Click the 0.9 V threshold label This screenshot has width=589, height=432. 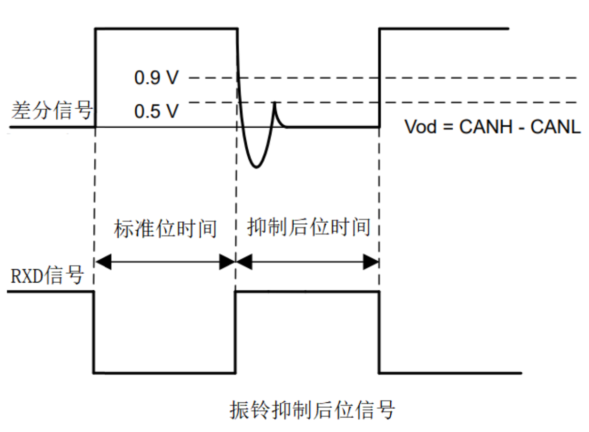156,78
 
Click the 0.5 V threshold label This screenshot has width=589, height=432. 156,112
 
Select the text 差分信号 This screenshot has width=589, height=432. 51,111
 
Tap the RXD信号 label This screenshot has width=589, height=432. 47,276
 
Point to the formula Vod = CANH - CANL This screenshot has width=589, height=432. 493,127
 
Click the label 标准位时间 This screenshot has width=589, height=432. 165,229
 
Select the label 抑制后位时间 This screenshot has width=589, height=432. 308,227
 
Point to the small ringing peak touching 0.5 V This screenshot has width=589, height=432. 275,103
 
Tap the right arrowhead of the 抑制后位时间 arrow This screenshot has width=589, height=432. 371,263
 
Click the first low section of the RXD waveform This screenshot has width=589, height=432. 164,373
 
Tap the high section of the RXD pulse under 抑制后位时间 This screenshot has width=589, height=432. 306,292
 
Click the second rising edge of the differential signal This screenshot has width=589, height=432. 379,78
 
